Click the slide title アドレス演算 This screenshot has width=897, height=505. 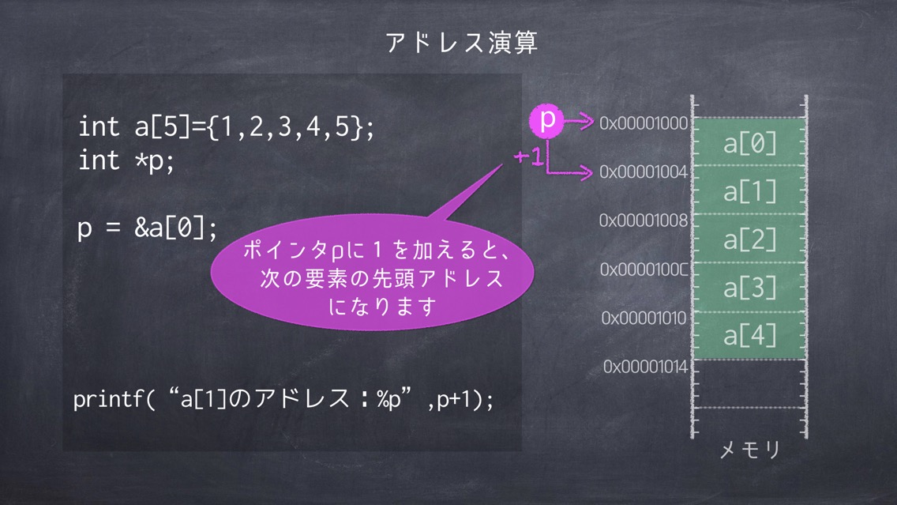(462, 43)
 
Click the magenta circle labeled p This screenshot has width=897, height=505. (546, 121)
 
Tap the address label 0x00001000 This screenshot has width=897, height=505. (643, 123)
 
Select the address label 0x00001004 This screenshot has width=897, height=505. (643, 171)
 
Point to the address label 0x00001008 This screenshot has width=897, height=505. (643, 220)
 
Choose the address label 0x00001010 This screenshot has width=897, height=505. (644, 318)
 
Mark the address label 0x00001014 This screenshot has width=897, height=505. (645, 367)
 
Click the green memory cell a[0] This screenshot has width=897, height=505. (749, 142)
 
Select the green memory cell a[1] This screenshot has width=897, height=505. (749, 190)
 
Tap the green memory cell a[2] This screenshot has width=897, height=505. (749, 239)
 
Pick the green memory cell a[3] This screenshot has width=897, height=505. (749, 288)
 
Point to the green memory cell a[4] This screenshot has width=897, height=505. (749, 336)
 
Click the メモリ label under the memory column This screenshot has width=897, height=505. (750, 450)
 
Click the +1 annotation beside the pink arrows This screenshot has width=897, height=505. (527, 156)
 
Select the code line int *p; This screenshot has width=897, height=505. (126, 160)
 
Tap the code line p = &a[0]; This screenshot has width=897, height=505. (147, 228)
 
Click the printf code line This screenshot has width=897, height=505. (283, 398)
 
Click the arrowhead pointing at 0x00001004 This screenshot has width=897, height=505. (587, 171)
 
